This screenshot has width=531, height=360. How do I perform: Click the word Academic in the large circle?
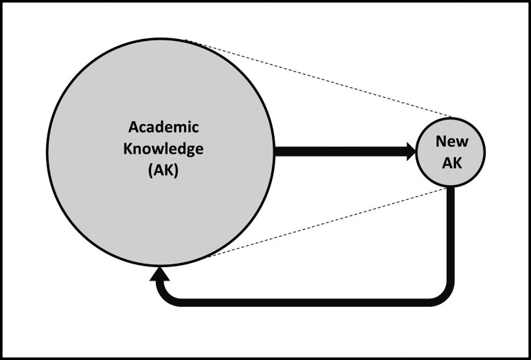click(164, 128)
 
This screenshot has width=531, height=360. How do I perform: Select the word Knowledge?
click(164, 150)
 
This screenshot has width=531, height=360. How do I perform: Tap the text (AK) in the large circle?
click(163, 171)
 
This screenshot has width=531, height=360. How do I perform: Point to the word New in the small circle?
click(452, 141)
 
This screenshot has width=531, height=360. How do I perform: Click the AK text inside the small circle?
click(452, 164)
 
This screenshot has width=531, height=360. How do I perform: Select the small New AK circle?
click(450, 152)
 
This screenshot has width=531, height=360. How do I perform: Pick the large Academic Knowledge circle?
click(161, 152)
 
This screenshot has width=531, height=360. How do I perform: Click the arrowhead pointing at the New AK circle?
click(411, 152)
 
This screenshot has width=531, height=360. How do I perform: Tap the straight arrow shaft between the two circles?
click(341, 152)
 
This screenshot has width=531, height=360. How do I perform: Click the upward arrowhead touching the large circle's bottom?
click(159, 274)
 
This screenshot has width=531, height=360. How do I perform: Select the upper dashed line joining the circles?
click(318, 78)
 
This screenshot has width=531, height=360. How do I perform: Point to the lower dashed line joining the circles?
click(327, 222)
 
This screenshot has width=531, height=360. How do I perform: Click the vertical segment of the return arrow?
click(450, 237)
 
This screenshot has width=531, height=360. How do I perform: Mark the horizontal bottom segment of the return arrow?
click(304, 303)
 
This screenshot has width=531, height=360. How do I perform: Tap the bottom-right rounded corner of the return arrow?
click(444, 296)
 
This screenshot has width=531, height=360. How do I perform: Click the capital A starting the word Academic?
click(133, 128)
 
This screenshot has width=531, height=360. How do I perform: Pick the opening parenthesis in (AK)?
click(150, 171)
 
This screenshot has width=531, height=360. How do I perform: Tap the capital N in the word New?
click(441, 142)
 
